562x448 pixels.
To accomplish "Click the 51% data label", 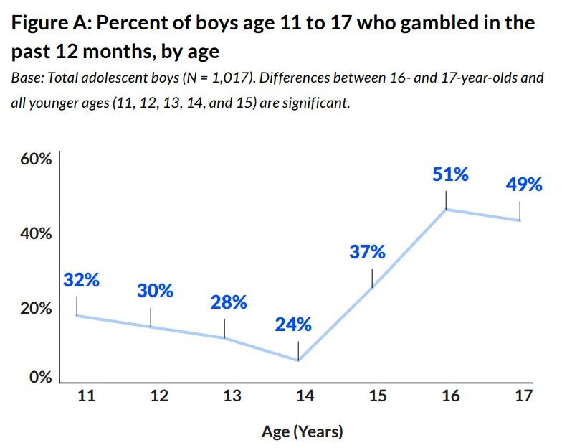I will pyautogui.click(x=450, y=174).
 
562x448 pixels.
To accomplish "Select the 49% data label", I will pyautogui.click(x=524, y=185).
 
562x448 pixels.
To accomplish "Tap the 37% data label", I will pyautogui.click(x=368, y=253).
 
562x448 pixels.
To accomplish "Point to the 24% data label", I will pyautogui.click(x=293, y=325).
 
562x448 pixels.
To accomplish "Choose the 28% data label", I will pyautogui.click(x=229, y=302).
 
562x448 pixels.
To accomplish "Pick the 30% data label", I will pyautogui.click(x=155, y=291).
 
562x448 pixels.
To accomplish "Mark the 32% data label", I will pyautogui.click(x=81, y=280).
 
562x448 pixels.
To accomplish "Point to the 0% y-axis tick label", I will pyautogui.click(x=40, y=378).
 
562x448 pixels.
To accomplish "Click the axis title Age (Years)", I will pyautogui.click(x=302, y=431).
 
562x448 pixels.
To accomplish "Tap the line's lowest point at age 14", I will pyautogui.click(x=298, y=360).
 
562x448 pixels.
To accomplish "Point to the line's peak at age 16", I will pyautogui.click(x=446, y=209).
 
